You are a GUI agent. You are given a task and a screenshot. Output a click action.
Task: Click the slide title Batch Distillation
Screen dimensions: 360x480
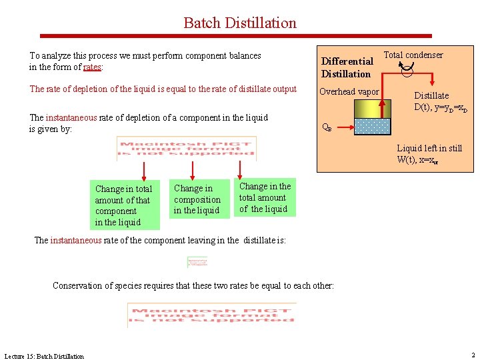[x=240, y=23]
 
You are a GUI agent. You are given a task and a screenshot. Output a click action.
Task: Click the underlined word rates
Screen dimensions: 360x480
[x=92, y=67]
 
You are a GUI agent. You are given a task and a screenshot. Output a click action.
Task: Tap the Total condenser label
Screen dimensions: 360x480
[x=413, y=55]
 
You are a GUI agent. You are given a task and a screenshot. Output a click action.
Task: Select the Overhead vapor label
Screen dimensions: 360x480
[x=349, y=92]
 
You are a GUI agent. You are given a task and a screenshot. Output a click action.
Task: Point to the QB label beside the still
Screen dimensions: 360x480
[x=327, y=127]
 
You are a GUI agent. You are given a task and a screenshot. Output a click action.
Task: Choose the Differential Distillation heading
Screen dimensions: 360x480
[x=346, y=67]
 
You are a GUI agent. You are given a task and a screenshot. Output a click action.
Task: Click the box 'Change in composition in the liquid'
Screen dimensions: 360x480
[x=197, y=199]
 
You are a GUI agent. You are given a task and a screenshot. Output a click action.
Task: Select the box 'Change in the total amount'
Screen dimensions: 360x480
[x=265, y=198]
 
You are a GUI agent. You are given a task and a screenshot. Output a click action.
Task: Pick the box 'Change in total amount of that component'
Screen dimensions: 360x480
[x=123, y=205]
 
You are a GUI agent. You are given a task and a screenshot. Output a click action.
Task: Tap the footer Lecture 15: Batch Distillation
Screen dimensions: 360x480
[x=44, y=356]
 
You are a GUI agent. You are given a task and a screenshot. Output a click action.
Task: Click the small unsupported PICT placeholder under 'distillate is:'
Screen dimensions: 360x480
[x=197, y=262]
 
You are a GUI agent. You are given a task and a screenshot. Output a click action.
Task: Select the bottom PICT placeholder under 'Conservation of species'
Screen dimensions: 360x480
[x=211, y=315]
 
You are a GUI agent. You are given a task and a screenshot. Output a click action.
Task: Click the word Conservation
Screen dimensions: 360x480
[x=78, y=286]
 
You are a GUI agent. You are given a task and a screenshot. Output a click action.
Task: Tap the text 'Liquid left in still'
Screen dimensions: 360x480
[x=429, y=148]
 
